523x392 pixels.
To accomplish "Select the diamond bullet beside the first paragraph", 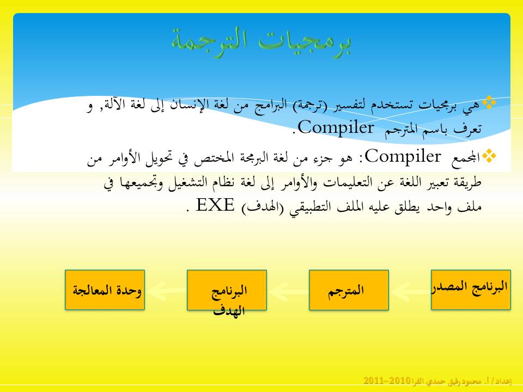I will tap(490, 102).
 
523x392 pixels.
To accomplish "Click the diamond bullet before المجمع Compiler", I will tap(490, 156).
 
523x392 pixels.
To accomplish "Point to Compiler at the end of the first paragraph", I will tap(333, 128).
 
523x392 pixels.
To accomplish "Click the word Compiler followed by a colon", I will tap(401, 157).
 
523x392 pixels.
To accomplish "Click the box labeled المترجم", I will tap(349, 290).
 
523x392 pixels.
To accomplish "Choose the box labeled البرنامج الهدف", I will tap(227, 290).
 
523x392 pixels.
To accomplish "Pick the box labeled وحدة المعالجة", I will tap(105, 290).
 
